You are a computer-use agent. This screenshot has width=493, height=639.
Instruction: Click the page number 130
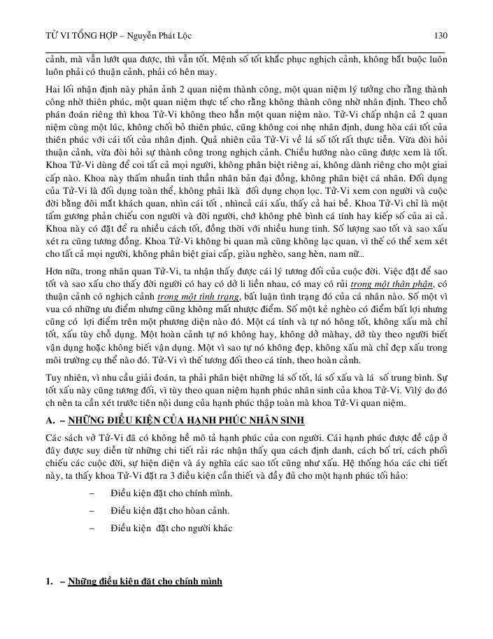[x=441, y=35]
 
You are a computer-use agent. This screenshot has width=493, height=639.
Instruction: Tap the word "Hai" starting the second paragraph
[x=54, y=89]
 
